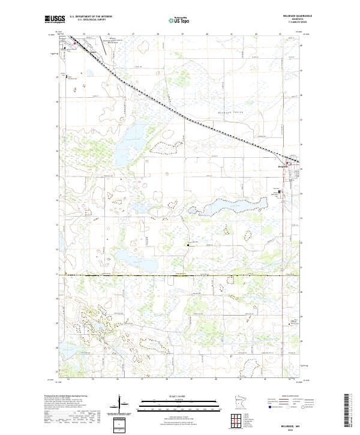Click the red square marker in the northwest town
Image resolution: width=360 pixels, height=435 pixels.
[x=74, y=43]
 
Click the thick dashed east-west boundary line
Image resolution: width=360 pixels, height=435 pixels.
[x=180, y=275]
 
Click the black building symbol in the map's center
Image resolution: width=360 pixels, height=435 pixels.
[x=189, y=244]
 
